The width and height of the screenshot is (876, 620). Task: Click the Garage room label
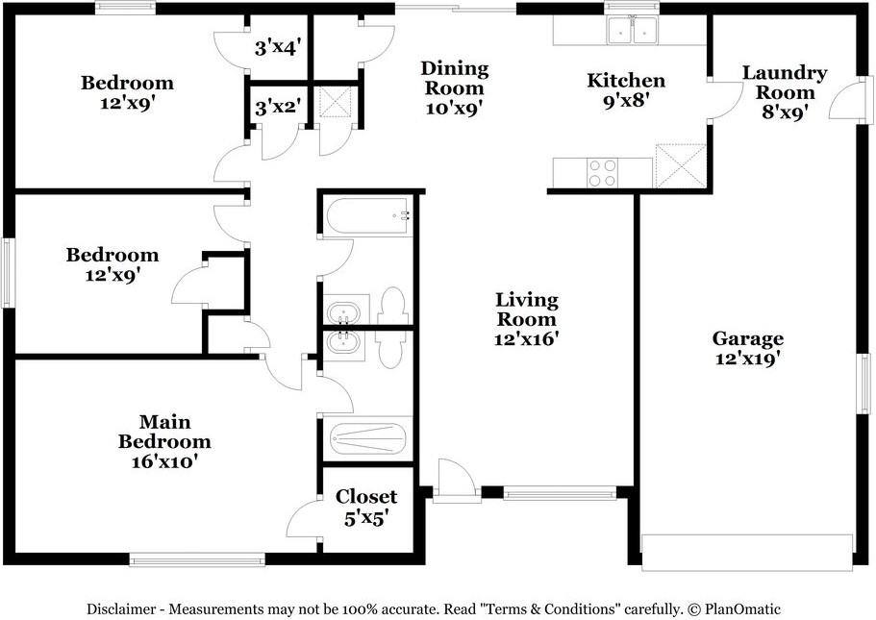coord(747,348)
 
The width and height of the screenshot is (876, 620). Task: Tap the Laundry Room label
coord(785,92)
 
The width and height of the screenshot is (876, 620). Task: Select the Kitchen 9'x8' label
coord(626,90)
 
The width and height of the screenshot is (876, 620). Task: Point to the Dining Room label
coord(454,87)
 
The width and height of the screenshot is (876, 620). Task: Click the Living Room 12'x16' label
coord(526,319)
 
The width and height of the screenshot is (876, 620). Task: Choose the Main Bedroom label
coord(164,440)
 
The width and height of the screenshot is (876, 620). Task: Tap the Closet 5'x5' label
coord(366,508)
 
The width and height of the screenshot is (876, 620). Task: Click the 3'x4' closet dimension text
coord(278,47)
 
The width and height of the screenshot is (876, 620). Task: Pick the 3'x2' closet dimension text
coord(278,106)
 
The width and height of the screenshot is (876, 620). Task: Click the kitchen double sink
coord(633,30)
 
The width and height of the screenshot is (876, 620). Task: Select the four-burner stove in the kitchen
coord(603,173)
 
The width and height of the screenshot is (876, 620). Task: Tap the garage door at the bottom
coord(747,553)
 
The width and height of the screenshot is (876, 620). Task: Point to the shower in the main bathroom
coord(367,439)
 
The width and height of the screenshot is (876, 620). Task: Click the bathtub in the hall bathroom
coord(369,215)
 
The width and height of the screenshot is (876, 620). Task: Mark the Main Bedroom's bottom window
coord(197,559)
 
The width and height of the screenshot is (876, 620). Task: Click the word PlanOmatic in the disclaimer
coord(742,608)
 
